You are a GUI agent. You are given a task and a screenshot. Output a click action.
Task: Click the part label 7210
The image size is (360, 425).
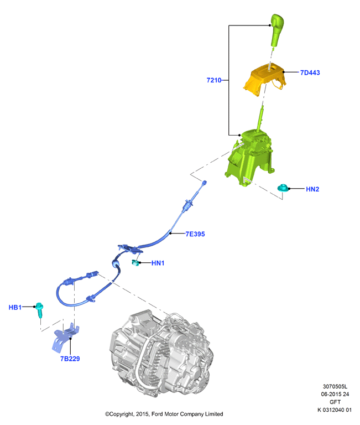pyautogui.click(x=213, y=80)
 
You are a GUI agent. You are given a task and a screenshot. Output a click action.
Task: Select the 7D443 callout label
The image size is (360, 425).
pyautogui.click(x=310, y=72)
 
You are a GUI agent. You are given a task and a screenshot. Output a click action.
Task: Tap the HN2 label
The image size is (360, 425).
pyautogui.click(x=312, y=189)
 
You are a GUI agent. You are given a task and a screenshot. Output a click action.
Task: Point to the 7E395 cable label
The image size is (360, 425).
pyautogui.click(x=195, y=234)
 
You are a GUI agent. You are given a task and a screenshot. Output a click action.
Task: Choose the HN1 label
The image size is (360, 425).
pyautogui.click(x=158, y=263)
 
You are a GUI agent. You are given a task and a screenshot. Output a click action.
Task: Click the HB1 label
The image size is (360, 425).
pyautogui.click(x=15, y=307)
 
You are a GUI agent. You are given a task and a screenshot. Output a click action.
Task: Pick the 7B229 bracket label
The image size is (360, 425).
pyautogui.click(x=70, y=359)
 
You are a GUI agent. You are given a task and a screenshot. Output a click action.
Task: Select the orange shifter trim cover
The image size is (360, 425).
pyautogui.click(x=265, y=79)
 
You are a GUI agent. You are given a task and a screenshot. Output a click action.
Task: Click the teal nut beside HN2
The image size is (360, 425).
pyautogui.click(x=283, y=188)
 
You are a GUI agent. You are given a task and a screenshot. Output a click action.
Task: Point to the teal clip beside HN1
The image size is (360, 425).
pyautogui.click(x=135, y=263)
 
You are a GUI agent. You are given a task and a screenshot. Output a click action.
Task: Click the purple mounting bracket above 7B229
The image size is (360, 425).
pyautogui.click(x=65, y=338)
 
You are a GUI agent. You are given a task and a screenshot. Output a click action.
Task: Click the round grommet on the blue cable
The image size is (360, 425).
pyautogui.click(x=116, y=263)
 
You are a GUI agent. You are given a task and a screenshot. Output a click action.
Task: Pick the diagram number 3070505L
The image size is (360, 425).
pyautogui.click(x=335, y=387)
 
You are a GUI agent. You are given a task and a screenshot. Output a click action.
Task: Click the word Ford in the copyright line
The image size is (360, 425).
pyautogui.click(x=158, y=414)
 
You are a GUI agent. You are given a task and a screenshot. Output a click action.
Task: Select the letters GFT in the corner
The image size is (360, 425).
pyautogui.click(x=335, y=402)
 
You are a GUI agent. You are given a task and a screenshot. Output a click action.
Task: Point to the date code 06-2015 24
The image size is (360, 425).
pyautogui.click(x=335, y=395)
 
